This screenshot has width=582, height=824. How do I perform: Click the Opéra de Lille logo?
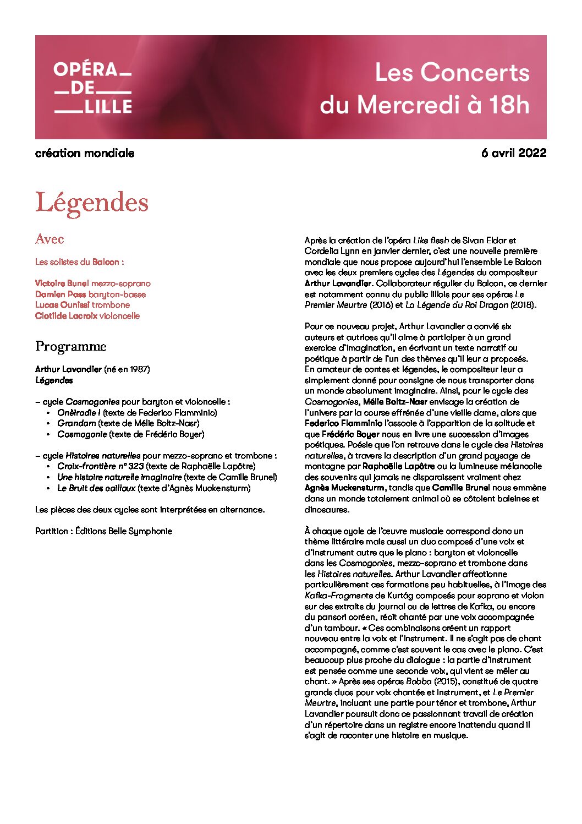point(93,88)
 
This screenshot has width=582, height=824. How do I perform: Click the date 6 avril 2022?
point(513,153)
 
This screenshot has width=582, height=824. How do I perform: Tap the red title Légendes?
point(92,203)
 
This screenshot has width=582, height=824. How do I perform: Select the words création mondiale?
point(85,153)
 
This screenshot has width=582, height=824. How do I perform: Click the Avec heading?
point(50,239)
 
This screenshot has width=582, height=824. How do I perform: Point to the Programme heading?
point(70,346)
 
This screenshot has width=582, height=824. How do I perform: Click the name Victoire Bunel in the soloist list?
point(62,283)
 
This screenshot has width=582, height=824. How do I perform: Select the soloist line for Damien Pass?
point(90,294)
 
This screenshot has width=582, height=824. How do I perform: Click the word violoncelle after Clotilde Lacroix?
point(119,316)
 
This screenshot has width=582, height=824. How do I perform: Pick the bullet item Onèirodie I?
point(79,413)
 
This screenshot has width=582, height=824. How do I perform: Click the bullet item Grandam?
point(76,423)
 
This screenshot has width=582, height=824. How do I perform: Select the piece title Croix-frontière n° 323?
point(100,466)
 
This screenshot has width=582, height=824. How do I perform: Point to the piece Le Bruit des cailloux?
point(96,488)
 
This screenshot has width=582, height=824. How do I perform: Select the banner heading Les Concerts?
point(452,73)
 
